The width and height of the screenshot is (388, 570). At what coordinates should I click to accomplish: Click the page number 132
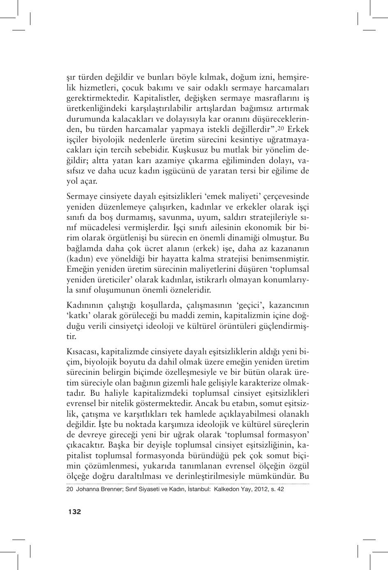click(75, 512)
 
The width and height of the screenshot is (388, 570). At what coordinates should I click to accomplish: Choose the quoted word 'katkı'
click(79, 316)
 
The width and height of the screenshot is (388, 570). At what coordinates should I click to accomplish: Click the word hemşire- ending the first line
click(293, 77)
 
